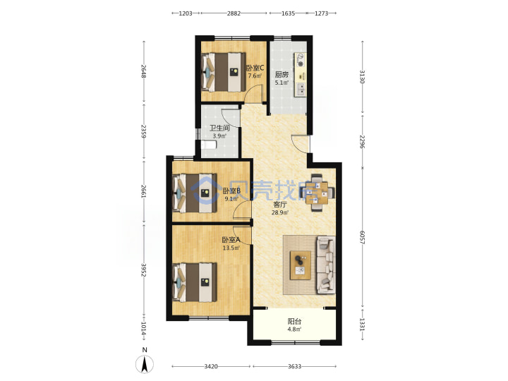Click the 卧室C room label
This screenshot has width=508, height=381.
255,68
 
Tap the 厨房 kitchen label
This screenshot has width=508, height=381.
282,75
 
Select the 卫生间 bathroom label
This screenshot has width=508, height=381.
219,128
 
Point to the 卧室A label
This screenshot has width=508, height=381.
231,240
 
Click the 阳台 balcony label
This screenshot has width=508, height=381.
294,322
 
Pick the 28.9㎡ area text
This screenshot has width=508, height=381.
280,212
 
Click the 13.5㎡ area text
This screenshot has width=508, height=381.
231,248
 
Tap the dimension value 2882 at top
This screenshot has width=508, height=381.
234,13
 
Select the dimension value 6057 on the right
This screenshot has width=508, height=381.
362,238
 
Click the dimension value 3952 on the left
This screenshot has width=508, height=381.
144,270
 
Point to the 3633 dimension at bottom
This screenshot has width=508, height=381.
294,366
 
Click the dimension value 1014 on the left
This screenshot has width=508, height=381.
144,329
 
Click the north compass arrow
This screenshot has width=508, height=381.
145,364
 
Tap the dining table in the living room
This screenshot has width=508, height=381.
317,193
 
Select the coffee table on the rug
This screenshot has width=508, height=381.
301,265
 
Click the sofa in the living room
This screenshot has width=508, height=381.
326,265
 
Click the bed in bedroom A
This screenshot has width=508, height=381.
195,282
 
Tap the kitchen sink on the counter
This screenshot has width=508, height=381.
301,89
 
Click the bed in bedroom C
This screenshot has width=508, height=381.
224,72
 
